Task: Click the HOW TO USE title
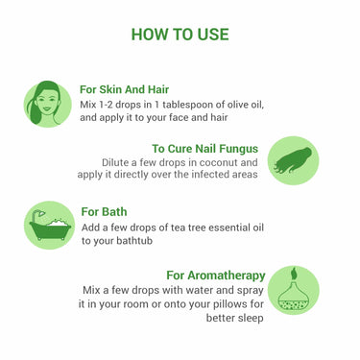[180, 35]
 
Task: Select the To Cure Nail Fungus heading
[205, 148]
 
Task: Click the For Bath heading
[104, 211]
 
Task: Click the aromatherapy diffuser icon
[293, 290]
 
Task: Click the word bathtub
[131, 241]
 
